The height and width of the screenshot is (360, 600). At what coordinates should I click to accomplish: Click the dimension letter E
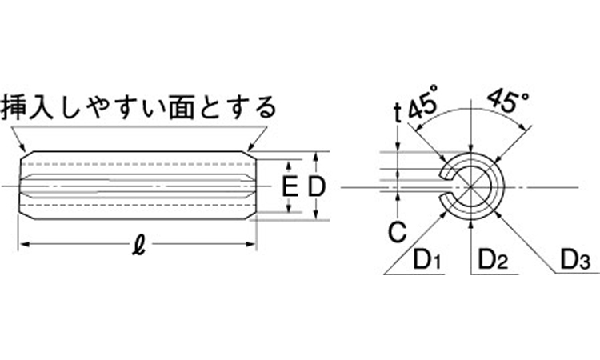click(292, 188)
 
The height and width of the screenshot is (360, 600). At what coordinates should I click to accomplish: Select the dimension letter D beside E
click(317, 188)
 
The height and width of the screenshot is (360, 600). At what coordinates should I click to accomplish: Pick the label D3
click(574, 260)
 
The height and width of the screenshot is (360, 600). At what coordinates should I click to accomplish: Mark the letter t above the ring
click(398, 113)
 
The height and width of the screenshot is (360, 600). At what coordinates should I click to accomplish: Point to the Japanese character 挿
click(17, 106)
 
